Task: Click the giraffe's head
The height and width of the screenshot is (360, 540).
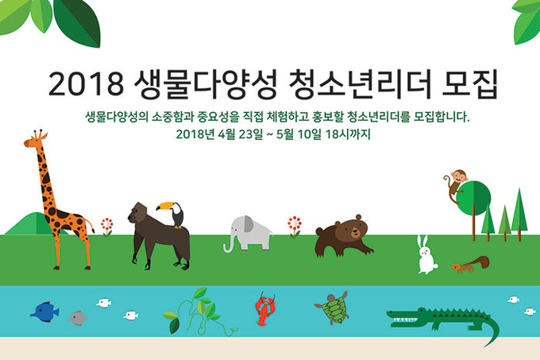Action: tap(35, 140)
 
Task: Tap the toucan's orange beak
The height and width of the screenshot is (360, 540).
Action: tap(164, 206)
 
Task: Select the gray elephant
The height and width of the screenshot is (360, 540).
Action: tap(248, 234)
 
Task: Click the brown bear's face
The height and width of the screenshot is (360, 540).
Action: tap(355, 229)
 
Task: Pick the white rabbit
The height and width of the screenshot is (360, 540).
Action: tap(426, 255)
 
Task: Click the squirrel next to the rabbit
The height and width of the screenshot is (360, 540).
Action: tap(470, 264)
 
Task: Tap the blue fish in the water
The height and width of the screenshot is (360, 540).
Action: tap(45, 312)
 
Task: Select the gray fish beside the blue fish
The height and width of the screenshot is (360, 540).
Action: tap(78, 318)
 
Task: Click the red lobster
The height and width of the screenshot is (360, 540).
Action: tap(264, 309)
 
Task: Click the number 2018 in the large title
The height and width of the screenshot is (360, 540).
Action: tap(86, 83)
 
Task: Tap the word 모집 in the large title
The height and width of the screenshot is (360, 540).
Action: tap(469, 83)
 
